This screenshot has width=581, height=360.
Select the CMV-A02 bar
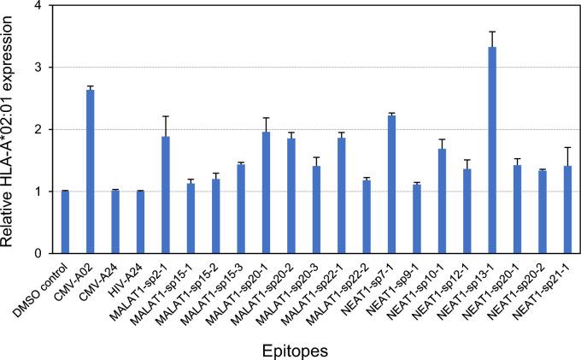[x=91, y=172]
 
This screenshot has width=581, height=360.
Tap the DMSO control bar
[x=65, y=222]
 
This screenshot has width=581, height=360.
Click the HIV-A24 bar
[x=141, y=222]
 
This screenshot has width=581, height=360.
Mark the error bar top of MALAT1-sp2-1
[x=166, y=116]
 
